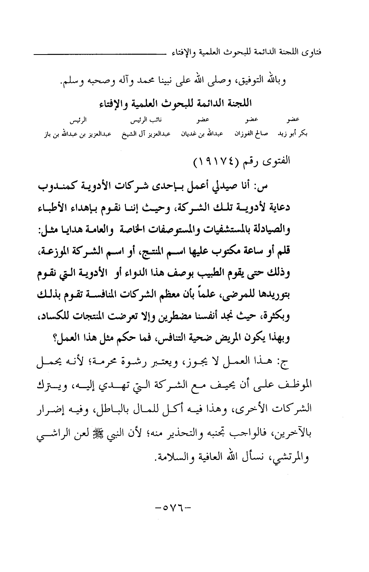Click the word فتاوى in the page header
(312, 51)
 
